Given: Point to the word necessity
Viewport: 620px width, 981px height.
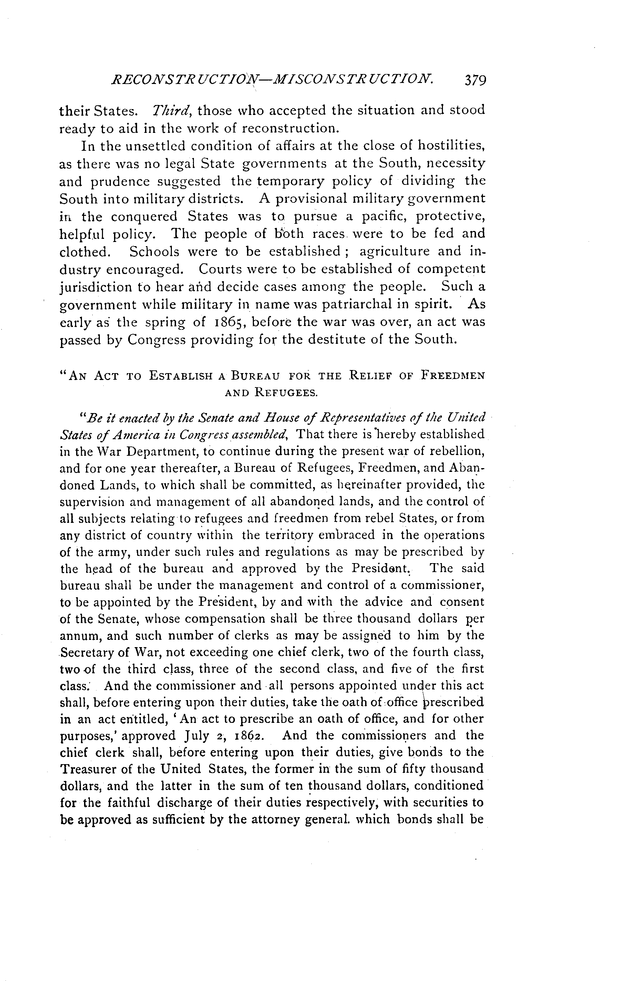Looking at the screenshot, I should (457, 163).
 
